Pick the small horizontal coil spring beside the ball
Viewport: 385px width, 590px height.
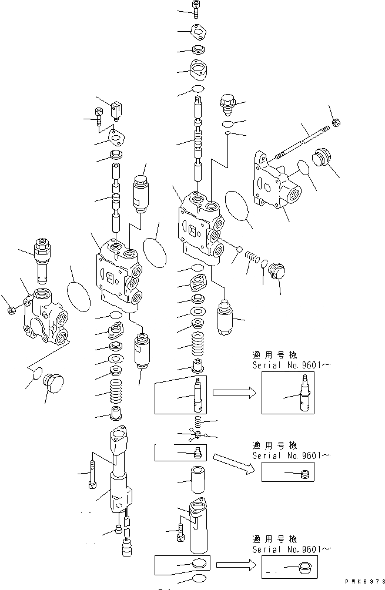pyautogui.click(x=251, y=257)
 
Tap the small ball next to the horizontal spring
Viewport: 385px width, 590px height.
pyautogui.click(x=240, y=250)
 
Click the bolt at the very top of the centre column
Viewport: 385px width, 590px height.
pyautogui.click(x=196, y=7)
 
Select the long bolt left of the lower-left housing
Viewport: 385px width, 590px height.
pyautogui.click(x=91, y=472)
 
